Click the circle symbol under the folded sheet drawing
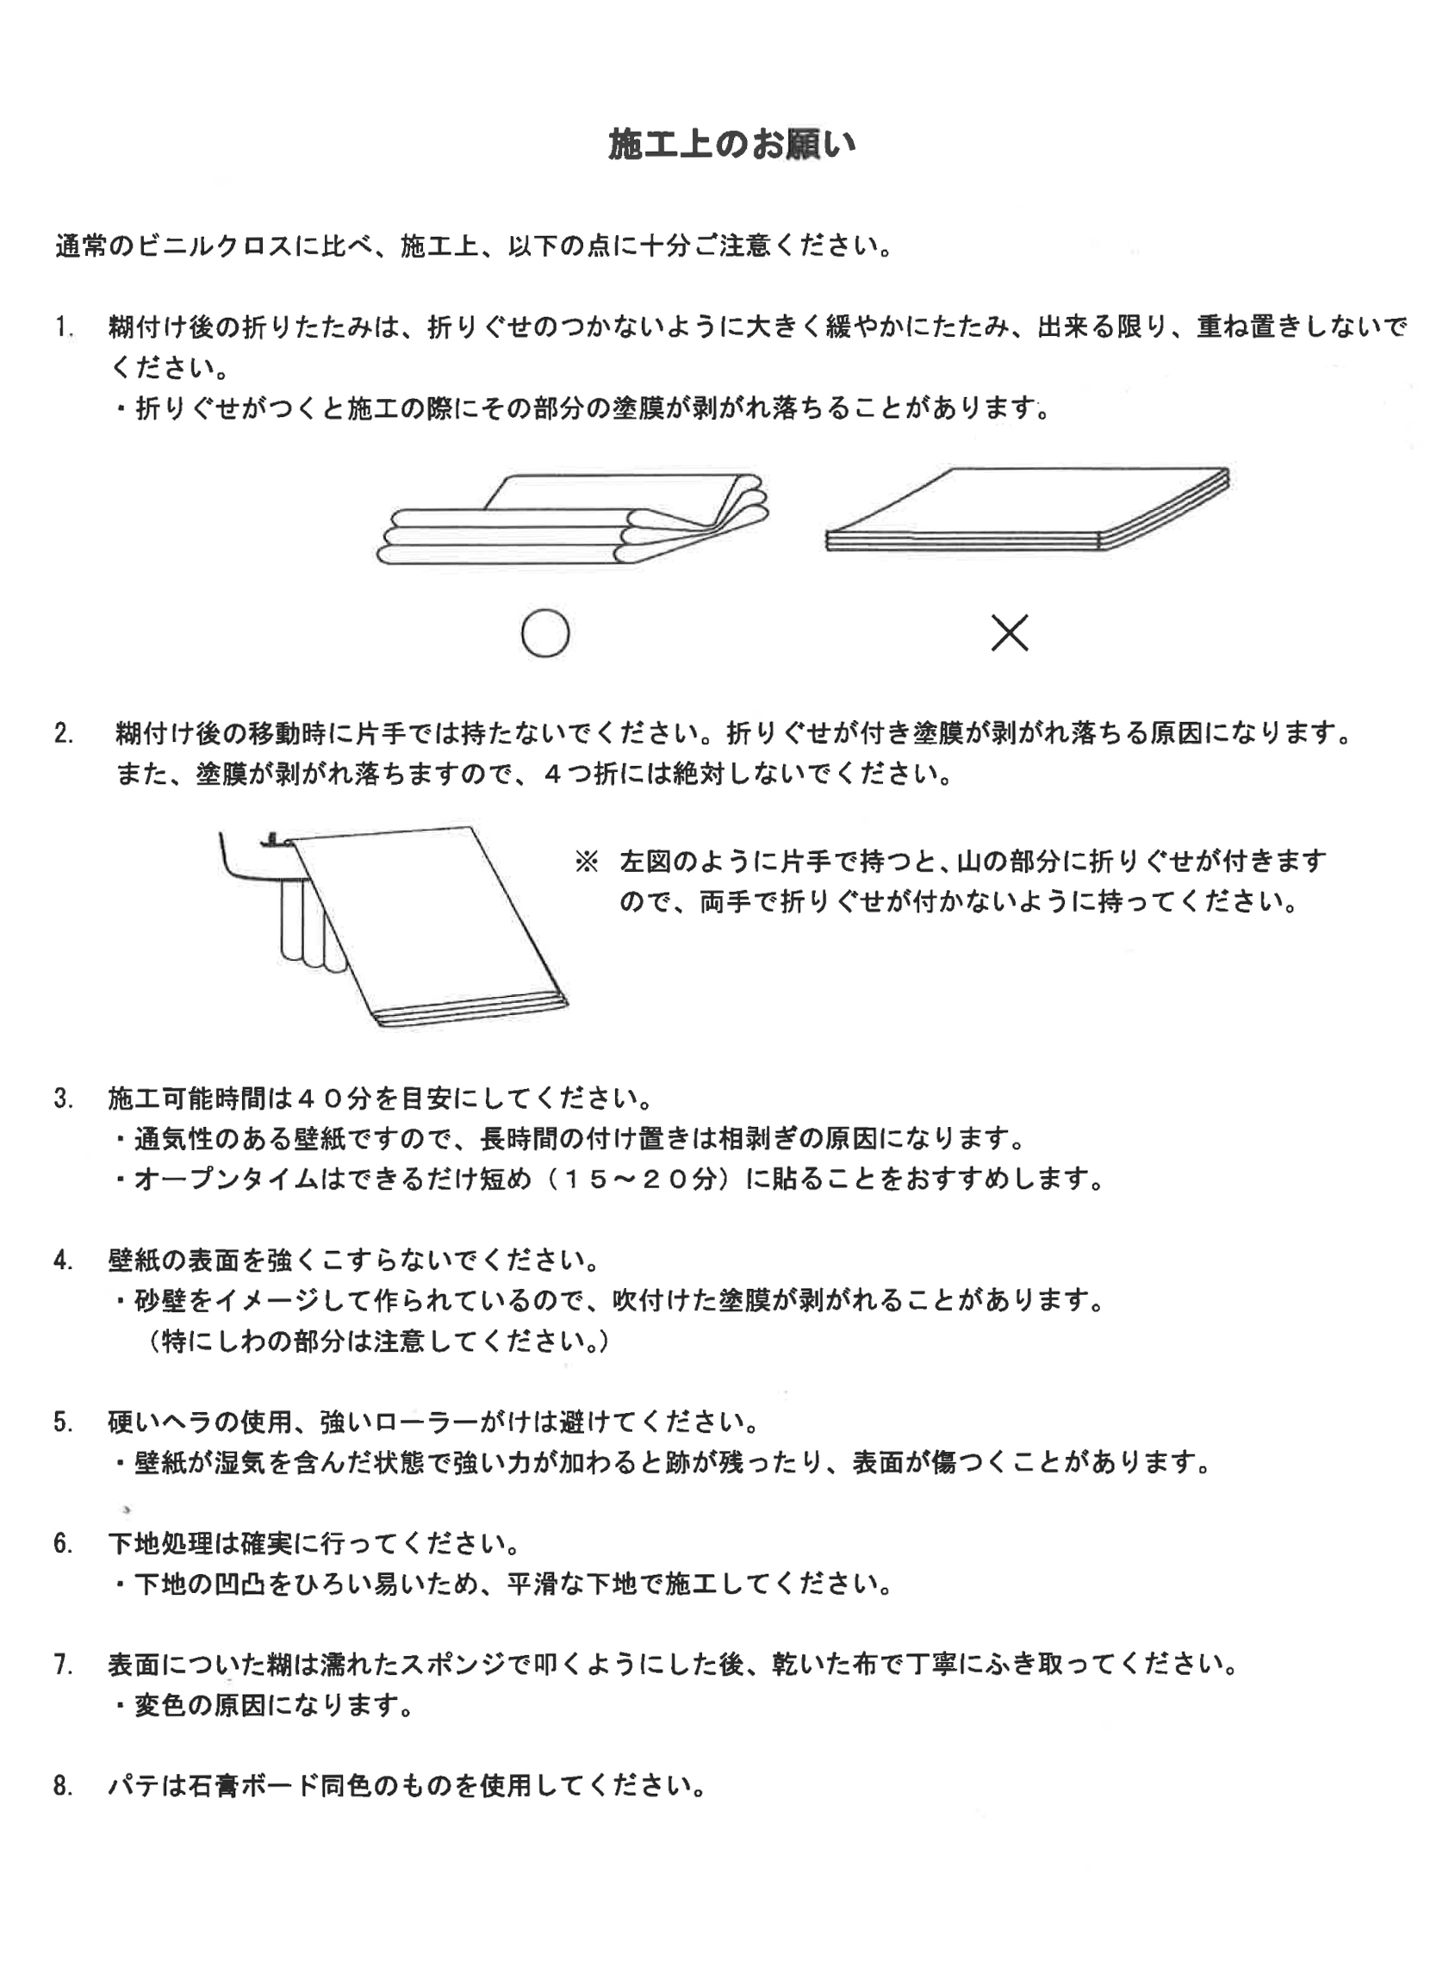[545, 633]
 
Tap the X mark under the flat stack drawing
[1009, 632]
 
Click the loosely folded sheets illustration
[572, 519]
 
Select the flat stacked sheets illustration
[1027, 510]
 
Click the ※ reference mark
[586, 862]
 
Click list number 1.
[63, 327]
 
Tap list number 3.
[63, 1098]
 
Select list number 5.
[63, 1422]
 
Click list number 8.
[63, 1786]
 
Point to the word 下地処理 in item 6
[160, 1543]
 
